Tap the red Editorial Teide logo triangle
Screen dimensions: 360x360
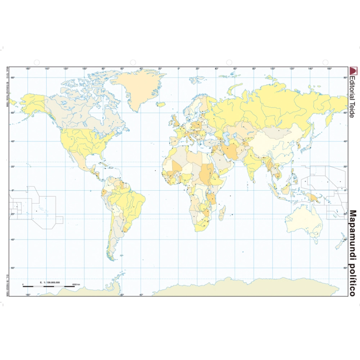pyautogui.click(x=352, y=71)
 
